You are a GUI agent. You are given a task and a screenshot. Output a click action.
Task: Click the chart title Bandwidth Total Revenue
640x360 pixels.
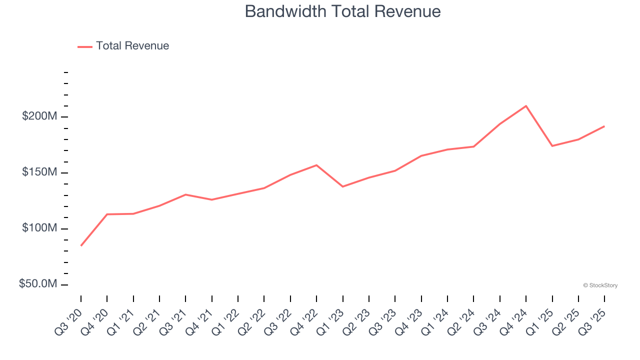coord(342,11)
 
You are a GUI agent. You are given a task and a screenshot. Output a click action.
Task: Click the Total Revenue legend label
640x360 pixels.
coord(132,46)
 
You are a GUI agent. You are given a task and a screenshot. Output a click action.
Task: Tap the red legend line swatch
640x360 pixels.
coord(85,46)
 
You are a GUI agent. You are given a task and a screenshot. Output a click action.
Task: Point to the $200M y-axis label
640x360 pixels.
coord(39,116)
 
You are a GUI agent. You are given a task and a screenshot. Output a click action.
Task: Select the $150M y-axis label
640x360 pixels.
coord(39,172)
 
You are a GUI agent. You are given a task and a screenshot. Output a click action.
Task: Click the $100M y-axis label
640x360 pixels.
coord(39,228)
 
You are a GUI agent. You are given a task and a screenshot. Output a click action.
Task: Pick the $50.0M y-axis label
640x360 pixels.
coord(38,284)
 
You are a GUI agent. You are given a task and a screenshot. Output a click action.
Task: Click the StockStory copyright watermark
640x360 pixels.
coord(600,285)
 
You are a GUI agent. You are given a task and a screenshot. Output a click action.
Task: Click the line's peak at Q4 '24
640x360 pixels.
coord(526,106)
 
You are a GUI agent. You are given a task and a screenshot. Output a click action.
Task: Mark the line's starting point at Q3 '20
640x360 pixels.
coord(81,245)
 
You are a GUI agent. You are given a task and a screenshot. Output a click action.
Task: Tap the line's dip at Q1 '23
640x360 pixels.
coord(342,186)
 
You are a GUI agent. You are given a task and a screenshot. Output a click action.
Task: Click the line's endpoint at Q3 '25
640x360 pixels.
coord(604,126)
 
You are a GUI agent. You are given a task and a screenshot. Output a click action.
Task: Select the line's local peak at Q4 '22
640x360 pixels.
coord(316,165)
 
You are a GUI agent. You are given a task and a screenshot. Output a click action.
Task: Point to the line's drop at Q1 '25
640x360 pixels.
coord(552,146)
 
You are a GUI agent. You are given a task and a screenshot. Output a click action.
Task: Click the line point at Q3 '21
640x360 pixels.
coord(185,194)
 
